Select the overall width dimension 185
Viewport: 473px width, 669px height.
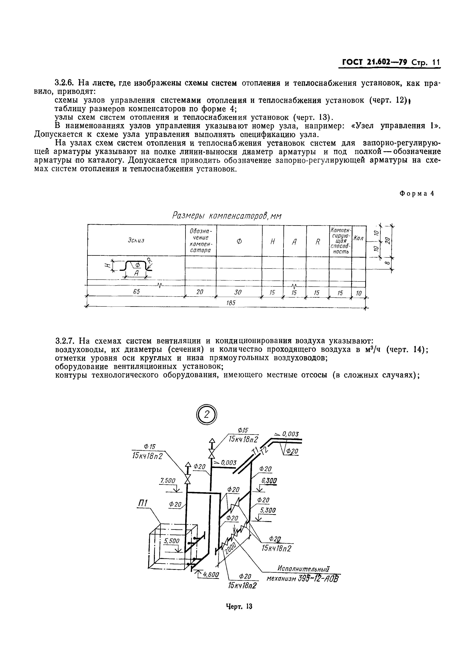click(x=231, y=303)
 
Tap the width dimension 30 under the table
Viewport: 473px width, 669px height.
click(x=238, y=292)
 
